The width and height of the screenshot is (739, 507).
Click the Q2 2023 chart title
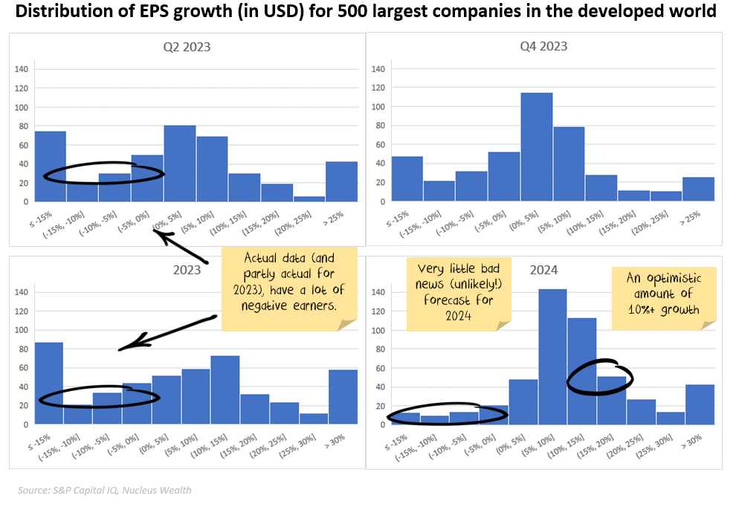[x=187, y=46]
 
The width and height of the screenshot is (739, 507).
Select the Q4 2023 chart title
[x=543, y=46]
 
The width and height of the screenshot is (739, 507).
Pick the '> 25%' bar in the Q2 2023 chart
[x=341, y=181]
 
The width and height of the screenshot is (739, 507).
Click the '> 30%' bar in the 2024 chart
[x=700, y=404]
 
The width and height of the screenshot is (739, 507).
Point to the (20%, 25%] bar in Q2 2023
[x=309, y=198]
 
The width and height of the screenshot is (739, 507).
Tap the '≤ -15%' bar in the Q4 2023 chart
[x=407, y=178]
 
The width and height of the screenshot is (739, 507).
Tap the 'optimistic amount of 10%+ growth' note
[x=664, y=296]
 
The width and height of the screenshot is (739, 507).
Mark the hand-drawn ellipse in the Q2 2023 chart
[x=103, y=172]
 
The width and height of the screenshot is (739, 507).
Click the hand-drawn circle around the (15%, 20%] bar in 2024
[x=600, y=377]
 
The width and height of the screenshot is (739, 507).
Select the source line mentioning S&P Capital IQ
[x=105, y=490]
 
